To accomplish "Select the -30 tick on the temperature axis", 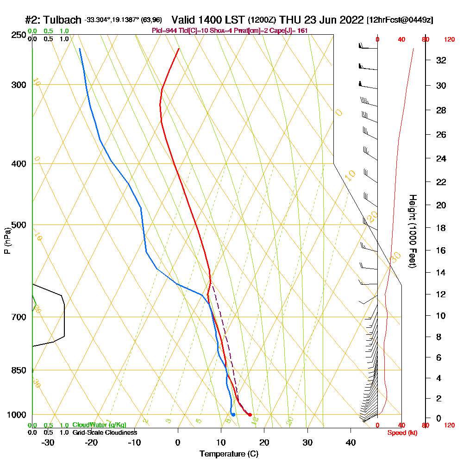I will pyautogui.click(x=48, y=442).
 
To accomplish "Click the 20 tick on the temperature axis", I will pyautogui.click(x=264, y=442).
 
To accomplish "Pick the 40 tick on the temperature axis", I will pyautogui.click(x=350, y=442).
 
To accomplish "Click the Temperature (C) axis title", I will pyautogui.click(x=229, y=454).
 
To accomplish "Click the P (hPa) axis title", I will pyautogui.click(x=7, y=241).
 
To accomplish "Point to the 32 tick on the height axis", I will pyautogui.click(x=442, y=60).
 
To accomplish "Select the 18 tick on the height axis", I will pyautogui.click(x=442, y=228).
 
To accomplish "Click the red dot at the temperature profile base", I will pyautogui.click(x=250, y=414).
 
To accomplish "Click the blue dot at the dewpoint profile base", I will pyautogui.click(x=233, y=414).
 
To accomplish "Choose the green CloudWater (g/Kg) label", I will pyautogui.click(x=99, y=425).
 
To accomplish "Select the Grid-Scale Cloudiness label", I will pyautogui.click(x=105, y=432).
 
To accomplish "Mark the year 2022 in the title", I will pyautogui.click(x=352, y=20).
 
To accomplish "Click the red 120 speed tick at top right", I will pyautogui.click(x=449, y=40).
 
